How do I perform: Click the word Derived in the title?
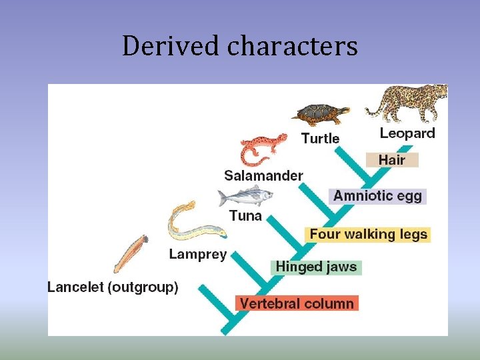pyautogui.click(x=170, y=46)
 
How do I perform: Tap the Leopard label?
pyautogui.click(x=407, y=133)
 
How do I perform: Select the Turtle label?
pyautogui.click(x=320, y=139)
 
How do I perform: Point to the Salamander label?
pyautogui.click(x=263, y=176)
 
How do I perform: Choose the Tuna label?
pyautogui.click(x=245, y=216)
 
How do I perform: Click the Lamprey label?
pyautogui.click(x=197, y=255)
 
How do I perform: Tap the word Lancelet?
pyautogui.click(x=75, y=288)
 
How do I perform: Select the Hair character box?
pyautogui.click(x=392, y=160)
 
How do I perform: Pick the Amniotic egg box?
pyautogui.click(x=377, y=196)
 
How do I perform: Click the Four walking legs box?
pyautogui.click(x=368, y=235)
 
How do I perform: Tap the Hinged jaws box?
pyautogui.click(x=317, y=267)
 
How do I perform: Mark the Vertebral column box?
pyautogui.click(x=297, y=303)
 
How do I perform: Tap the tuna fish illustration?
pyautogui.click(x=245, y=197)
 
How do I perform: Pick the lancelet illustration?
pyautogui.click(x=130, y=253)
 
